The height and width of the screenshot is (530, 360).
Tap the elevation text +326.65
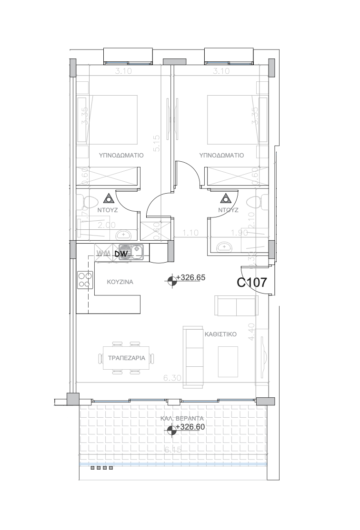tap(190, 277)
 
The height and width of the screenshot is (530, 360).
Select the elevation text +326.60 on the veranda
tap(190, 427)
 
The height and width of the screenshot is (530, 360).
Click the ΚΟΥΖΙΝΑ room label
tap(120, 282)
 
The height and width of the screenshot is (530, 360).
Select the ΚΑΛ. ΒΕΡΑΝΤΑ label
tap(183, 418)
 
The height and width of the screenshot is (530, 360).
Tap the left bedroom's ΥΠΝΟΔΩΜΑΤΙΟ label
tap(121, 155)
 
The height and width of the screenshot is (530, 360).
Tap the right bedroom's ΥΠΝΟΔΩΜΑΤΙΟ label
tap(221, 155)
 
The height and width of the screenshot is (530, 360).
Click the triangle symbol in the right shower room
tap(225, 198)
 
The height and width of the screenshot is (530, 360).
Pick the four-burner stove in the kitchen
tap(85, 279)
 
